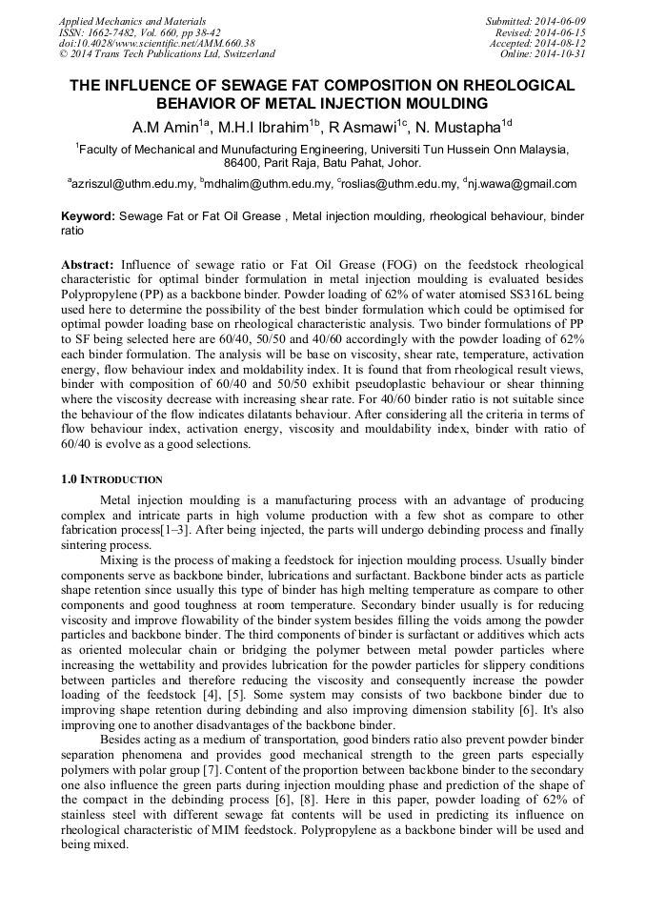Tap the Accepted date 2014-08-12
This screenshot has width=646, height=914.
(561, 43)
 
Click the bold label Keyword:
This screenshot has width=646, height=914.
(88, 216)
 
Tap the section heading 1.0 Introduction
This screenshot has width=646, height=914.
(111, 479)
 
